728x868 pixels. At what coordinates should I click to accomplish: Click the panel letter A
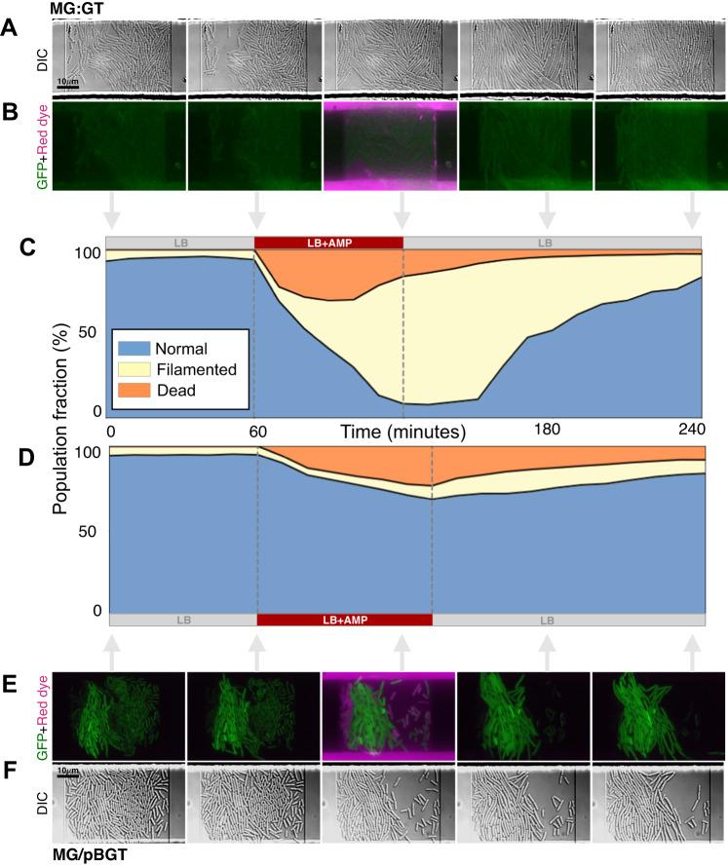coord(15,29)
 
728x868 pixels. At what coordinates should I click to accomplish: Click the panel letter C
coord(15,247)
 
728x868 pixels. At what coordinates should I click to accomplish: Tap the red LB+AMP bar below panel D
coord(344,621)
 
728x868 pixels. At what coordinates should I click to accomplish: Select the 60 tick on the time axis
coord(258,430)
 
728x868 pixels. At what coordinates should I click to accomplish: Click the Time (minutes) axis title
coord(400,430)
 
